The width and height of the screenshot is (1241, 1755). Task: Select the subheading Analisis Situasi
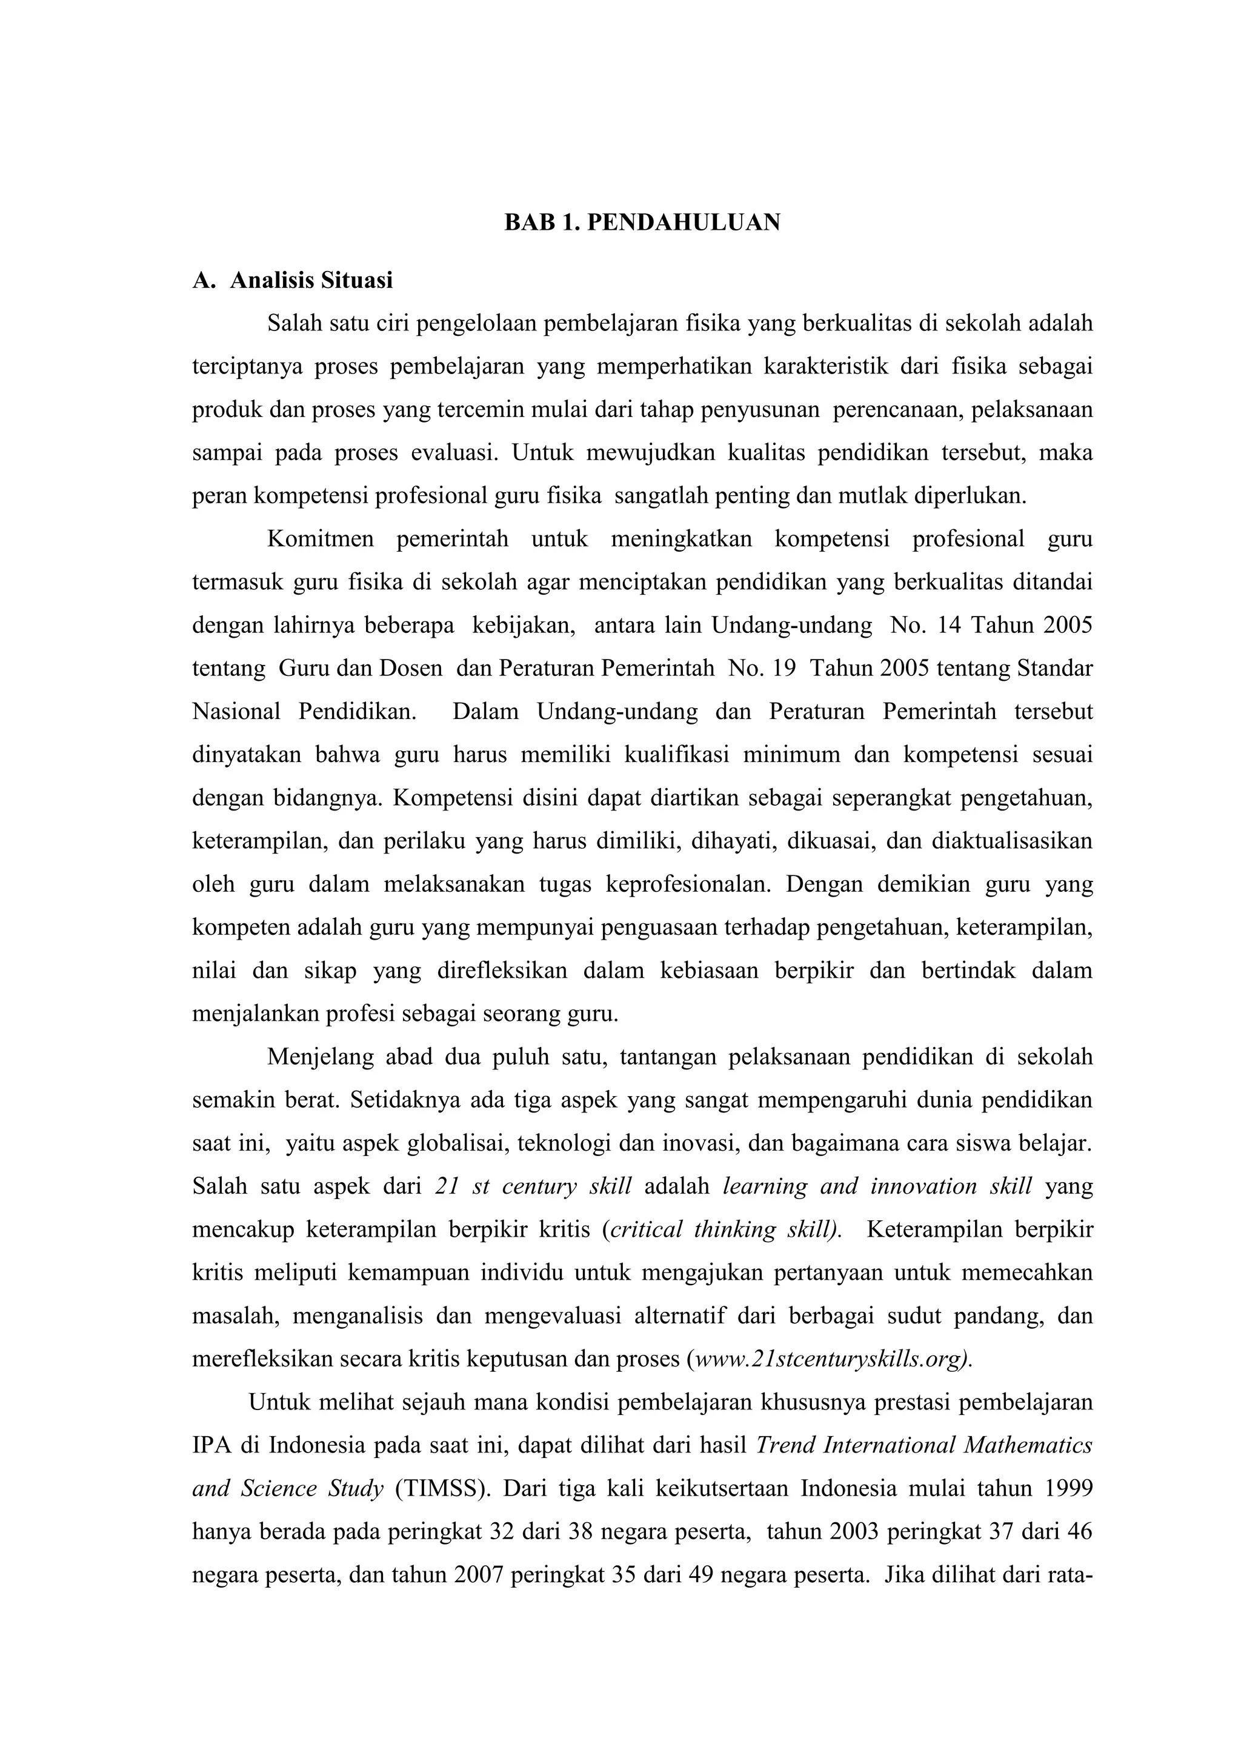click(311, 281)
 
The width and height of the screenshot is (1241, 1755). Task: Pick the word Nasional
click(236, 712)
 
